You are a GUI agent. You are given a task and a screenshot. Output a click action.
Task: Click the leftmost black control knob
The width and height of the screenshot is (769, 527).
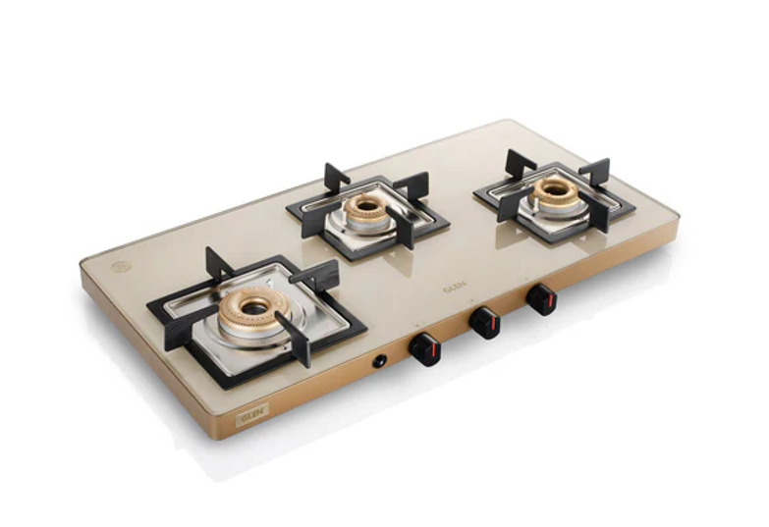point(424,348)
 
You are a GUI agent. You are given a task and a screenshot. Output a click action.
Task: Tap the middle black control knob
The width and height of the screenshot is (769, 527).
point(483,323)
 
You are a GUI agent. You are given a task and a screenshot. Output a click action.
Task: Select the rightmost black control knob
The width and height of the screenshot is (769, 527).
point(541,298)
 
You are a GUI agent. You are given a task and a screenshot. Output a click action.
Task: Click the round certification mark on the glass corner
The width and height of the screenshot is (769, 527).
point(121,265)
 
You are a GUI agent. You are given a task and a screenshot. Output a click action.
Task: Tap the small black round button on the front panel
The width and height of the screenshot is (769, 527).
point(378,362)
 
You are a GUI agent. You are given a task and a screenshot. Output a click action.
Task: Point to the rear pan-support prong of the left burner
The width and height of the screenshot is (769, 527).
point(217,263)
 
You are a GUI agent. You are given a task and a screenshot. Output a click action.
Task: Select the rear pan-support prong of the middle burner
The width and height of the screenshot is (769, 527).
point(337,178)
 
